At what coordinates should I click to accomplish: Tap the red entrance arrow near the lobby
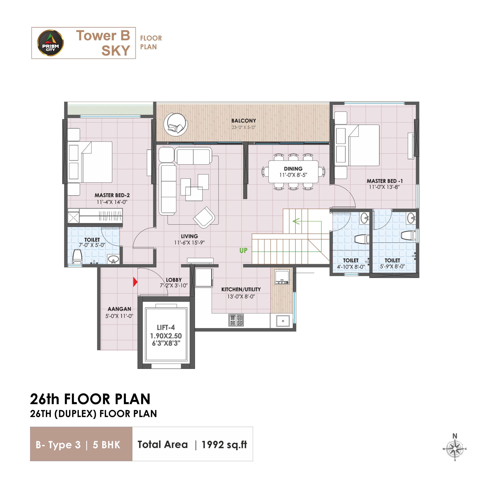pos(135,282)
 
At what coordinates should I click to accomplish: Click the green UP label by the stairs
pos(243,250)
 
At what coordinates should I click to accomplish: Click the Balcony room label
pos(244,121)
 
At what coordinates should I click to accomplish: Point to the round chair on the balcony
pos(176,124)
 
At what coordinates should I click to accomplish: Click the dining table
pos(293,172)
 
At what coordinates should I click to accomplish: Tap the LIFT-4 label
pos(166,327)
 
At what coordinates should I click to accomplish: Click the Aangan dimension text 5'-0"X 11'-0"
pos(119,316)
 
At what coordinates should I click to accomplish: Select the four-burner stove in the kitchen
pos(236,320)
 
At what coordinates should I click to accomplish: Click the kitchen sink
pos(283,321)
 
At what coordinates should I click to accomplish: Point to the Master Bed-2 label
pos(112,195)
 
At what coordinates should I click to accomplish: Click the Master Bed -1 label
pos(385,181)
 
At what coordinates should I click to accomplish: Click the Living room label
pos(189,236)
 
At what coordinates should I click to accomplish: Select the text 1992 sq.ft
pos(224,445)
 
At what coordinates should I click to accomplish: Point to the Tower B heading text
pos(103,35)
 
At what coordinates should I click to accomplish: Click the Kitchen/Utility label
pos(241,289)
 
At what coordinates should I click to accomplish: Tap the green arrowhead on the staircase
pos(296,221)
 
